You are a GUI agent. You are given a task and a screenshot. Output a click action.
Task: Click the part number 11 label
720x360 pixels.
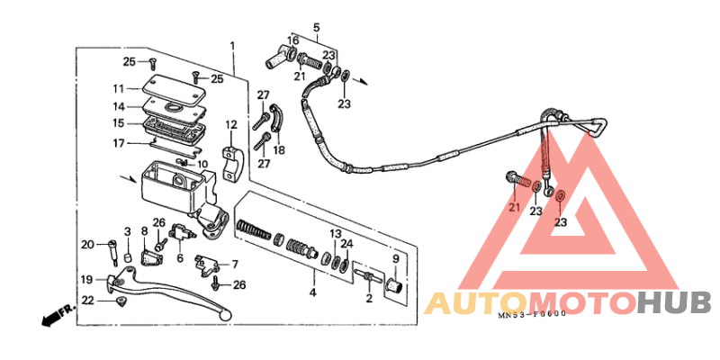point(120,87)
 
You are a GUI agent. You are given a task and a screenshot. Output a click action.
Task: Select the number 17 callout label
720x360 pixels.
point(119,144)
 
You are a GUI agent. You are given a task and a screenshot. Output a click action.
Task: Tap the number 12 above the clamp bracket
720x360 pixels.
point(230,124)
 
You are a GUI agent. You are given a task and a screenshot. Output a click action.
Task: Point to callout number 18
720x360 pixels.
point(279,150)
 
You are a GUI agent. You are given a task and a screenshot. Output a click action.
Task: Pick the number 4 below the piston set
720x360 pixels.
point(312,292)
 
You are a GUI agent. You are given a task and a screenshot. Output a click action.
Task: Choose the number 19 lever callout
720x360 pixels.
point(87,279)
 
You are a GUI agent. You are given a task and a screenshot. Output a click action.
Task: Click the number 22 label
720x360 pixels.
point(87,300)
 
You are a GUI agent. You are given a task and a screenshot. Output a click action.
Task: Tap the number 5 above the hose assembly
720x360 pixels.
point(317,28)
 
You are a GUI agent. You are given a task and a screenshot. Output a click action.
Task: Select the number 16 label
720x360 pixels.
point(293,40)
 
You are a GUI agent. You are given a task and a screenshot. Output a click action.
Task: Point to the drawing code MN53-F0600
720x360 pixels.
point(531,314)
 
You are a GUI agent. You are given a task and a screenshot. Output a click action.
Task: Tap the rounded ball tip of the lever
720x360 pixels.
point(225,315)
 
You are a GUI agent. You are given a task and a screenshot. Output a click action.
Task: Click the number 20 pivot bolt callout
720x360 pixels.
point(87,244)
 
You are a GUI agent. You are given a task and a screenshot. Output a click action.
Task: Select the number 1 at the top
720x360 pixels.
point(232,47)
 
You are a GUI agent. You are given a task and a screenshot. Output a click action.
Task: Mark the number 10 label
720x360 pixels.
point(202,164)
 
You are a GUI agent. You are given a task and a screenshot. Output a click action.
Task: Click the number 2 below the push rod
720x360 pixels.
point(369,299)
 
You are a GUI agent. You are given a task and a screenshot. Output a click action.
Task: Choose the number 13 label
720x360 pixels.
point(335,233)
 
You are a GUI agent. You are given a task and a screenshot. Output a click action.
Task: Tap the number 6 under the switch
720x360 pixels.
point(180,258)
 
